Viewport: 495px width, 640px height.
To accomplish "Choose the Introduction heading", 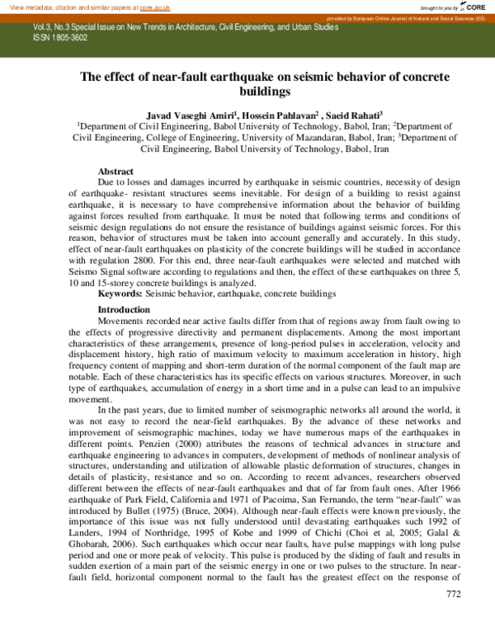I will [124, 309].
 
